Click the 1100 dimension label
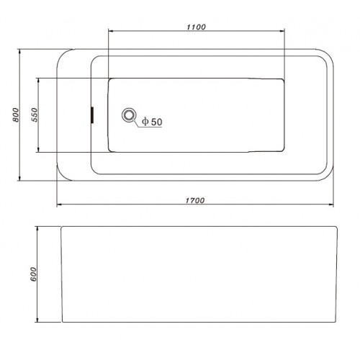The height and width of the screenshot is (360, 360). (x=196, y=27)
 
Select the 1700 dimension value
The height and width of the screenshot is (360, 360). (x=195, y=200)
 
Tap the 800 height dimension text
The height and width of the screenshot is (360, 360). (x=16, y=114)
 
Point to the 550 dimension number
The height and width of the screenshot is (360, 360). (x=35, y=114)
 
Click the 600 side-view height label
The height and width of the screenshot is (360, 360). (x=33, y=274)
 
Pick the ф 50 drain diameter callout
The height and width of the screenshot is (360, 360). (x=152, y=122)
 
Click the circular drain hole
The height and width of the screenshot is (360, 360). (x=129, y=115)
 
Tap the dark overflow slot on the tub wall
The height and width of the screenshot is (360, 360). (x=92, y=115)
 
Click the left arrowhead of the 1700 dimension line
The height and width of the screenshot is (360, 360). (x=59, y=204)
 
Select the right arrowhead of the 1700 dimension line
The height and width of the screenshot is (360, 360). (x=331, y=204)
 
